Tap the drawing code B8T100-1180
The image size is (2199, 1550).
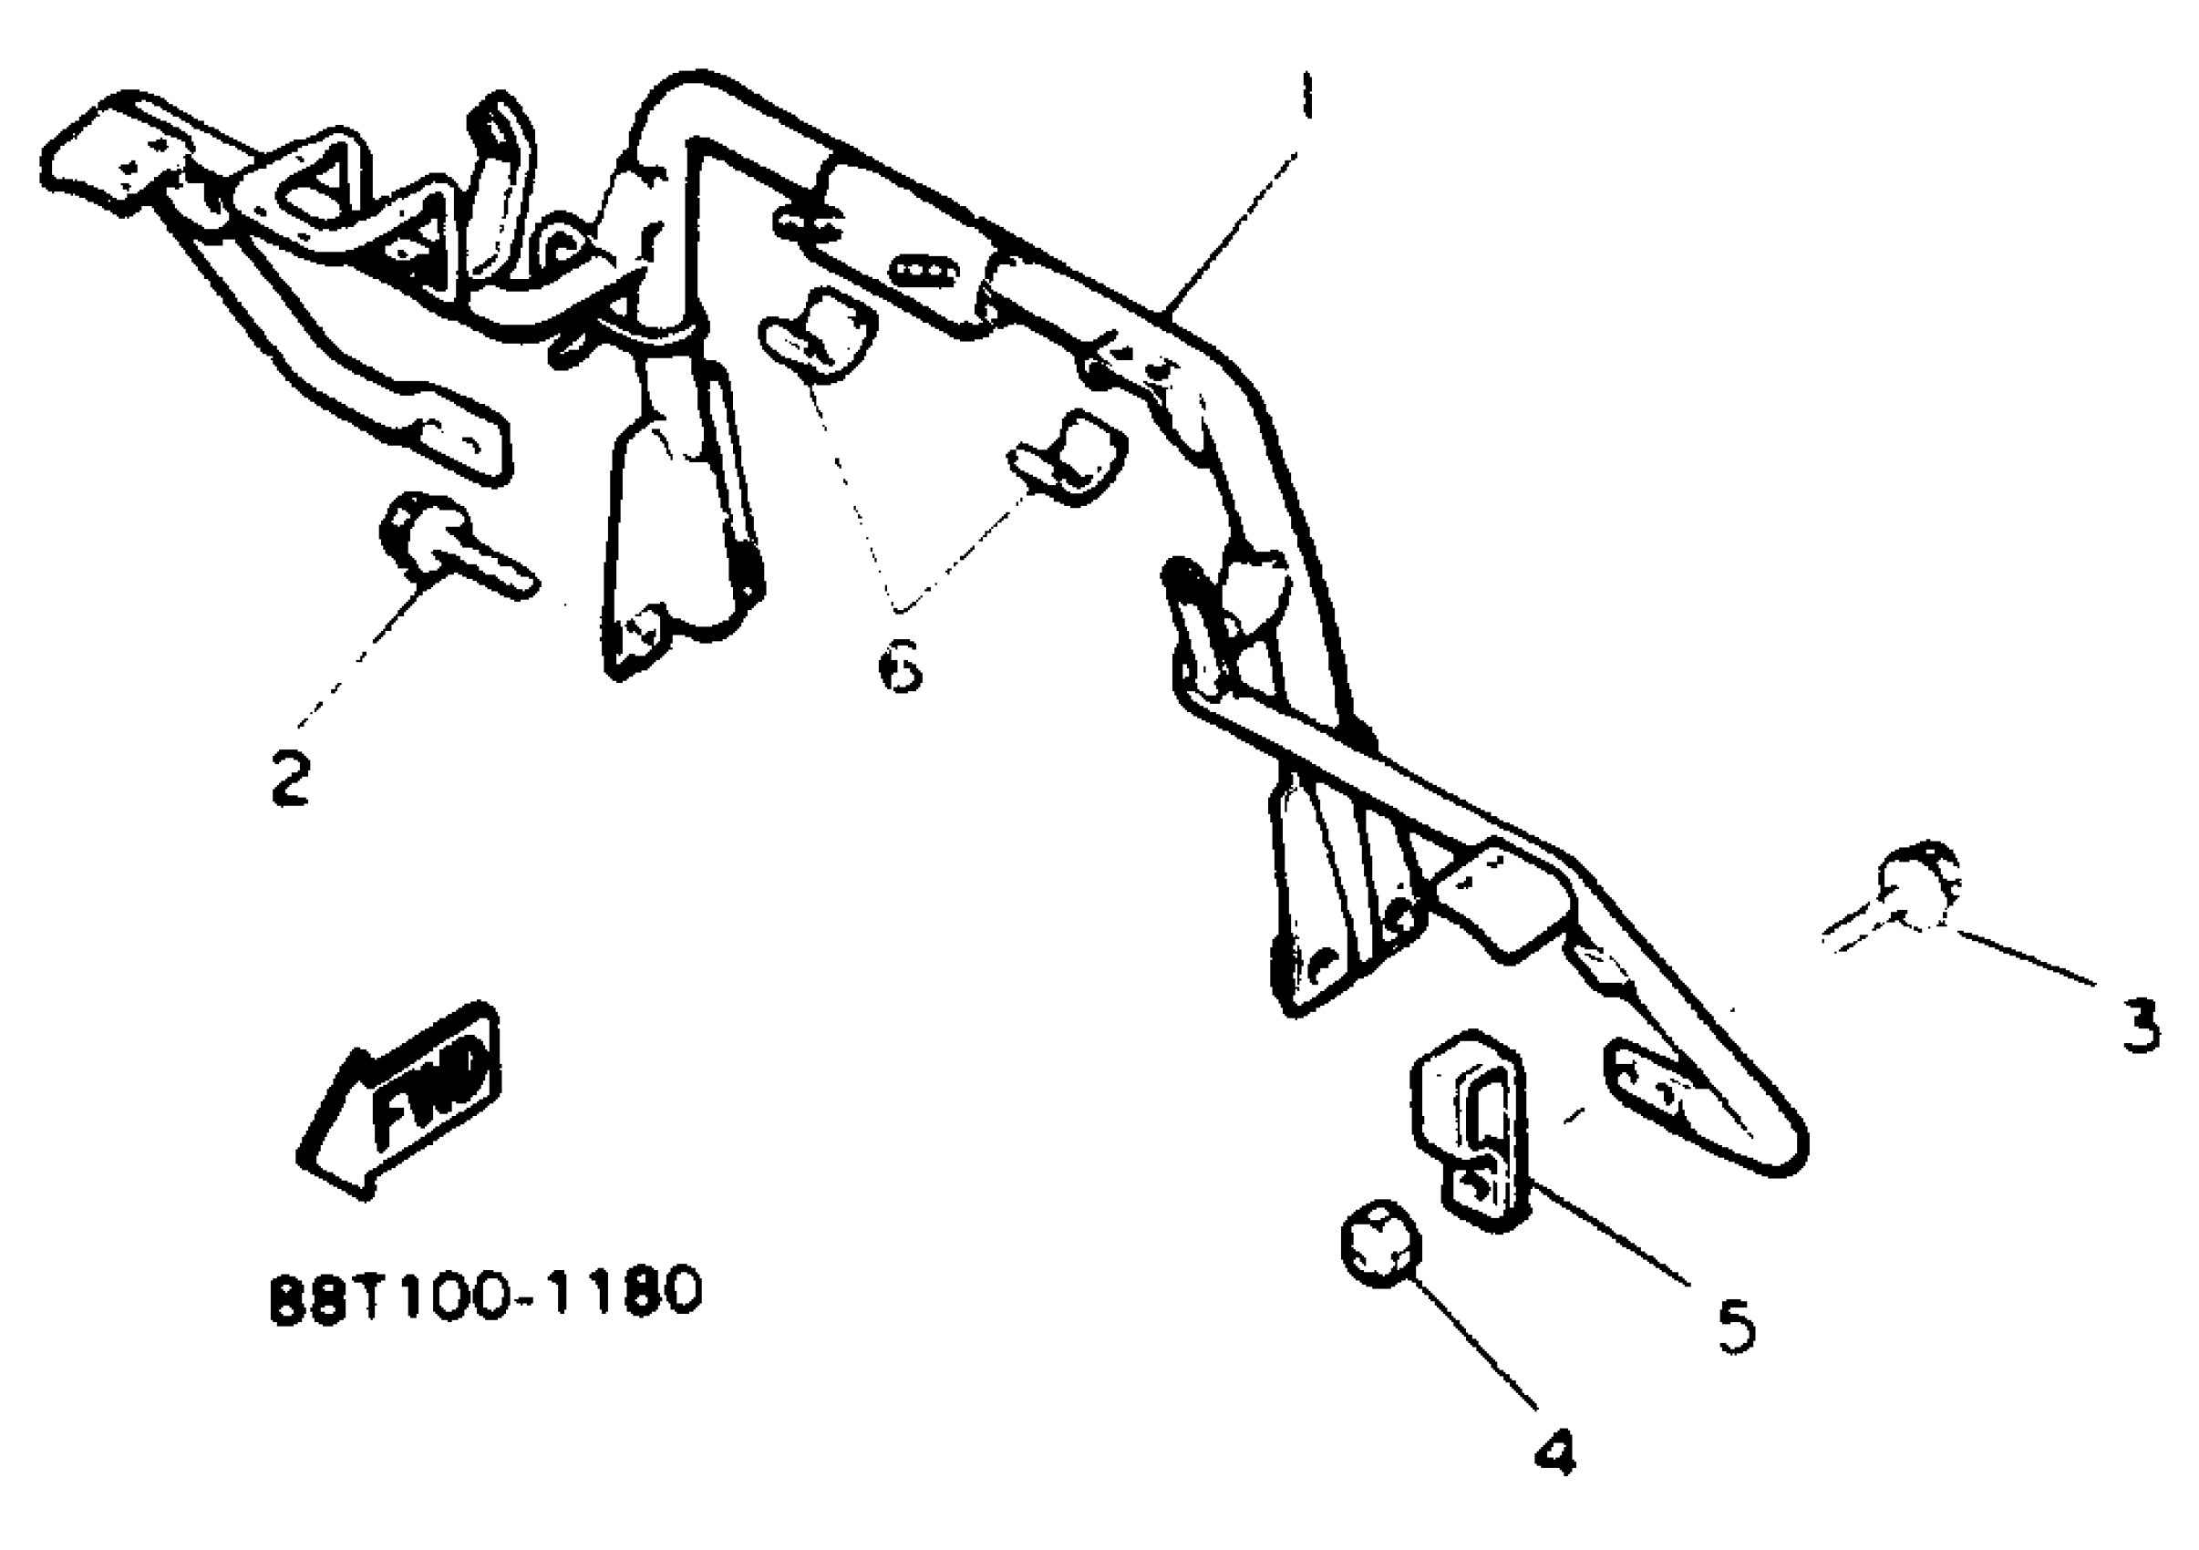[x=487, y=1293]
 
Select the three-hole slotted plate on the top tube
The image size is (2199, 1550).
[x=924, y=272]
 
